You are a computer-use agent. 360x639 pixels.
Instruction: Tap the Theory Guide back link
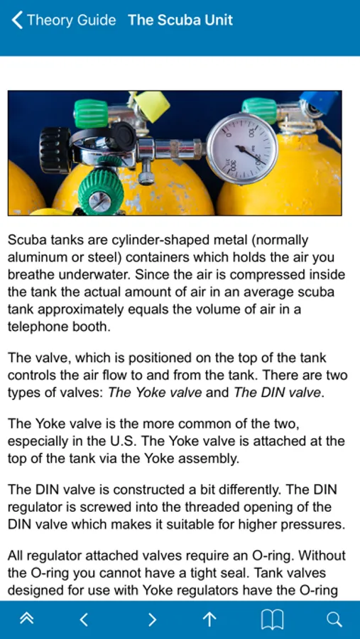coord(64,20)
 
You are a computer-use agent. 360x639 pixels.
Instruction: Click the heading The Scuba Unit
coord(180,20)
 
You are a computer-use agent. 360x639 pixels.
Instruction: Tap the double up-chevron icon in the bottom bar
coord(27,619)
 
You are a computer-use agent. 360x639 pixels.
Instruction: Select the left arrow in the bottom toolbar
coord(84,620)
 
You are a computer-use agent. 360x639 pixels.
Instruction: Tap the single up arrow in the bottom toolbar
coord(209,619)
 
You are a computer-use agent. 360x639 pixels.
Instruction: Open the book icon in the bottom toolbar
coord(272,620)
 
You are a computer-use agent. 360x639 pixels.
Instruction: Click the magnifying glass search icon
coord(334,620)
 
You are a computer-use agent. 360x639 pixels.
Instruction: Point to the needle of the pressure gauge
coord(249,155)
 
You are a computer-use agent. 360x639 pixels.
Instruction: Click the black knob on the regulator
coord(55,151)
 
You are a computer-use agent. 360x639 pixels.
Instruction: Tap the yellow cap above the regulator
coord(152,106)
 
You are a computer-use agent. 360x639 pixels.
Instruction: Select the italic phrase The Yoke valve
coord(155,393)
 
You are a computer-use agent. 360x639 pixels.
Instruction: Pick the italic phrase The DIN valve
coord(277,393)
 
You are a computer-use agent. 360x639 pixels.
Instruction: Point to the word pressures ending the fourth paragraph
coord(309,524)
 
